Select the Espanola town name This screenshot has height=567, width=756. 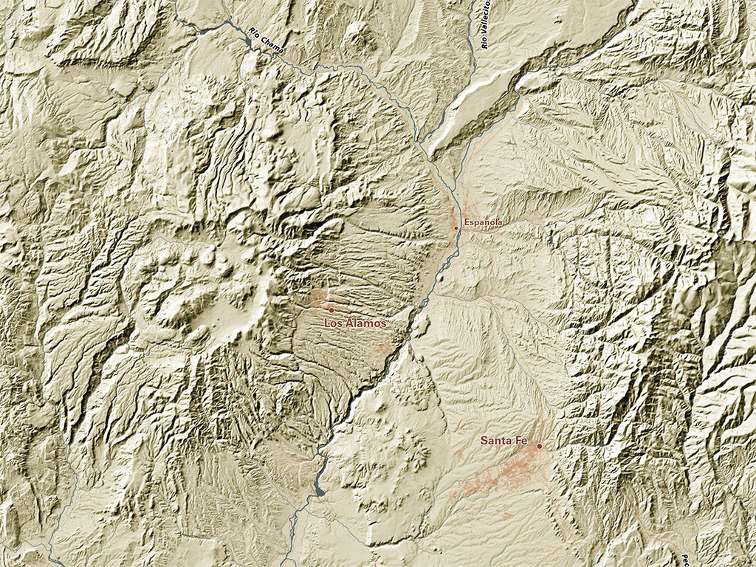coord(484,222)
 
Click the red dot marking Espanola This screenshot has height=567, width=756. coord(456,228)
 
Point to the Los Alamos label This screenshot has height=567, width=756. coord(355,323)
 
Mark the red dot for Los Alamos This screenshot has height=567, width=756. coord(331,310)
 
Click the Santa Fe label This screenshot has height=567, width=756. coord(504,441)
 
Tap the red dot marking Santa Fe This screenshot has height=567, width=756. coord(540,446)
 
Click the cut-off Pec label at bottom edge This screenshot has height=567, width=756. coord(684,559)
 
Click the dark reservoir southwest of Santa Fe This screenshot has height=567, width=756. coord(319,490)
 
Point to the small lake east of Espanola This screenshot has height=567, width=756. coord(550,241)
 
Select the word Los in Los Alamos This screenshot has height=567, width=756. coord(332,323)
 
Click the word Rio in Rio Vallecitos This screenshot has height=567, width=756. coord(484,43)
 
